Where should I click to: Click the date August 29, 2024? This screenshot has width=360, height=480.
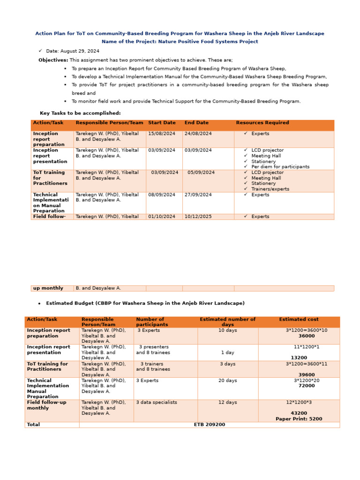(x=73, y=51)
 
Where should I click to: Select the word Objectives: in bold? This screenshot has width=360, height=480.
(x=53, y=60)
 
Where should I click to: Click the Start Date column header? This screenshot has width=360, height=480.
(x=162, y=123)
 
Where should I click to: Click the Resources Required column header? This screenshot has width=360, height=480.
(x=262, y=123)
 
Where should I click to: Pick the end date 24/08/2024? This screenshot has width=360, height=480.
(x=198, y=134)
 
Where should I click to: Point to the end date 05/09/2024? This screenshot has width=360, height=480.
(x=201, y=172)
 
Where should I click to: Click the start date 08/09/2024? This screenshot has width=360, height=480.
(x=162, y=195)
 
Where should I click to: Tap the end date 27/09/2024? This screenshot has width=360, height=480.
(x=198, y=195)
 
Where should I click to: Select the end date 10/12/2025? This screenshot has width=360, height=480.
(x=198, y=217)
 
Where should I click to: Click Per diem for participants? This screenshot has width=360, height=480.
(x=280, y=167)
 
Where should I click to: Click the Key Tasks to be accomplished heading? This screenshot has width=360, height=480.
(x=80, y=113)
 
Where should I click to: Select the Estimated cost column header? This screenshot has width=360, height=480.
(x=299, y=319)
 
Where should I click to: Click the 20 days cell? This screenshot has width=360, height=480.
(x=228, y=381)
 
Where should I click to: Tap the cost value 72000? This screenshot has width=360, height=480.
(x=307, y=386)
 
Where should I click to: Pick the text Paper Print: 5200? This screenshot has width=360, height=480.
(x=299, y=419)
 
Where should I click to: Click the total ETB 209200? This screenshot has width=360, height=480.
(x=209, y=425)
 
